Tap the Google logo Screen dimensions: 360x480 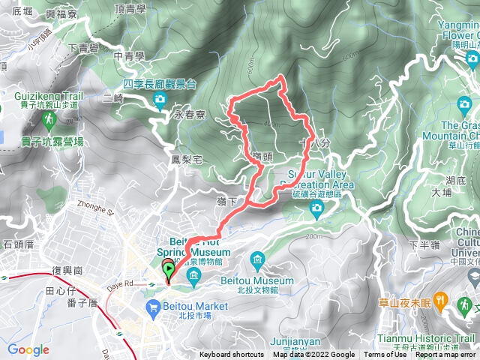[28, 349]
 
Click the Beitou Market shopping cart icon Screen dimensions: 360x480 [153, 306]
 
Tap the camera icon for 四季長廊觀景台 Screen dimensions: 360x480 [159, 100]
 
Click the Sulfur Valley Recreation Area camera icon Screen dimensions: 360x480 [316, 207]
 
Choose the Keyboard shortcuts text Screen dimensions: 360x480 [232, 355]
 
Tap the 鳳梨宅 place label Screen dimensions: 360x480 [187, 159]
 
